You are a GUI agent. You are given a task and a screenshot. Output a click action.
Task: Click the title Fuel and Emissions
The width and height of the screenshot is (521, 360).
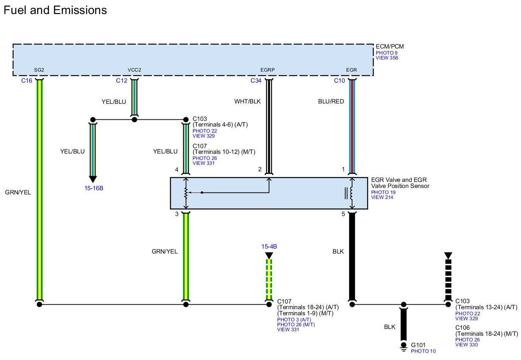pos(55,10)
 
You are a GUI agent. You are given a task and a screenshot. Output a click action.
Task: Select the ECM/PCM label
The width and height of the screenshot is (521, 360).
pos(389,47)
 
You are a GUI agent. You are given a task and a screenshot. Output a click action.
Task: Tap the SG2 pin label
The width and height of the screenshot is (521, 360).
pos(39,70)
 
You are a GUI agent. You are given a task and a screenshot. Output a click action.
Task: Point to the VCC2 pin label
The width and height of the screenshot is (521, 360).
pos(134,70)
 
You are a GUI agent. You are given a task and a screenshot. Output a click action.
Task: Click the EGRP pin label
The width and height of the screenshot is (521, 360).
pos(267,70)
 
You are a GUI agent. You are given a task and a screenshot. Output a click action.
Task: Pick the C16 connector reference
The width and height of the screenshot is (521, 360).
pos(27,81)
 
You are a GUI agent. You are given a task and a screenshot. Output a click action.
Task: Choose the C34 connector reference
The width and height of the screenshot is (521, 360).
pos(256,81)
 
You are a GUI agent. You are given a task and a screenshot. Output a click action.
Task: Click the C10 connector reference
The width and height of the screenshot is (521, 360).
pos(339,81)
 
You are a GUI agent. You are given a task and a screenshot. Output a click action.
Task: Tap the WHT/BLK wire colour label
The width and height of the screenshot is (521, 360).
pos(248,102)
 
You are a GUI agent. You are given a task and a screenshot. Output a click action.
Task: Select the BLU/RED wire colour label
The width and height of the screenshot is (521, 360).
pos(331,102)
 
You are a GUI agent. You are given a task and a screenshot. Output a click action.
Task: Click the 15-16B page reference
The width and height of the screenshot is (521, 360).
pos(94,188)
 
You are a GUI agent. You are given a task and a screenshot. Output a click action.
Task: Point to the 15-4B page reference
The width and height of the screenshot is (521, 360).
pos(269,247)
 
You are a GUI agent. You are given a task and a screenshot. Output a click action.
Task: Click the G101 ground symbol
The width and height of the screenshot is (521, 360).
pos(403,346)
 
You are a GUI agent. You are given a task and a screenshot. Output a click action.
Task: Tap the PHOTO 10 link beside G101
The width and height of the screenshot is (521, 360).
pos(423,351)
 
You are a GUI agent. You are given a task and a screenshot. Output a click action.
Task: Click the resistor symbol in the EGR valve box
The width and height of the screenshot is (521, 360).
pos(185,193)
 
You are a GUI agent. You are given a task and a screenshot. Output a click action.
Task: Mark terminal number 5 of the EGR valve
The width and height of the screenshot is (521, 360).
pos(343,214)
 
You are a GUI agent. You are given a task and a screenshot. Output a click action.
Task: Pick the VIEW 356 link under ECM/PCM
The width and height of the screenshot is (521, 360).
pos(387,58)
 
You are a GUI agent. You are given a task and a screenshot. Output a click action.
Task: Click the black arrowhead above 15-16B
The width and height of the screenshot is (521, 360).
pos(93,179)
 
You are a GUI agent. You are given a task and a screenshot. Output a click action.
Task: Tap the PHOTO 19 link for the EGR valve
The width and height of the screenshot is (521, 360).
pos(383,193)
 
